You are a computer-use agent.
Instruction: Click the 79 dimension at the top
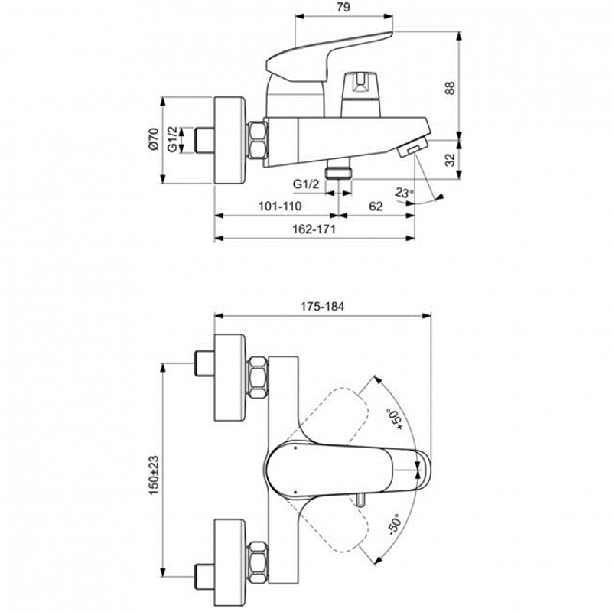pyautogui.click(x=343, y=7)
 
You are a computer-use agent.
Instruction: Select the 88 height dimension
pyautogui.click(x=450, y=88)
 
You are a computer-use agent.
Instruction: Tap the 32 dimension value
pyautogui.click(x=451, y=160)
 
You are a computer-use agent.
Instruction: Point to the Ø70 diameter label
pyautogui.click(x=154, y=138)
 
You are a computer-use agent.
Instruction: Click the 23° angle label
pyautogui.click(x=404, y=192)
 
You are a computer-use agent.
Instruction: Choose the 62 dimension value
pyautogui.click(x=376, y=206)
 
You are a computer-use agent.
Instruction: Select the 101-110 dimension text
pyautogui.click(x=280, y=206)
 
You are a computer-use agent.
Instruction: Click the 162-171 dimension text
pyautogui.click(x=314, y=229)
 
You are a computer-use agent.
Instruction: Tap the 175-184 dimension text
pyautogui.click(x=322, y=307)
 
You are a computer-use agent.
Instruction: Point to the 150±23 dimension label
pyautogui.click(x=154, y=475)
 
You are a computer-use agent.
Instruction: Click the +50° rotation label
pyautogui.click(x=393, y=418)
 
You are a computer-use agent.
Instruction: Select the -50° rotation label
pyautogui.click(x=394, y=524)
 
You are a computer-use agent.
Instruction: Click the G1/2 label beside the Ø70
pyautogui.click(x=173, y=139)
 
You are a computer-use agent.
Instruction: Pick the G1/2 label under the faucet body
pyautogui.click(x=306, y=184)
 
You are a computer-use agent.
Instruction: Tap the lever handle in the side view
pyautogui.click(x=329, y=57)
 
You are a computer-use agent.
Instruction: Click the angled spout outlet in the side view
pyautogui.click(x=412, y=148)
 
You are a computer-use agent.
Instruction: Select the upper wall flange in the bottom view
pyautogui.click(x=230, y=377)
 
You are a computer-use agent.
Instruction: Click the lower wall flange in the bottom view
pyautogui.click(x=230, y=563)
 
